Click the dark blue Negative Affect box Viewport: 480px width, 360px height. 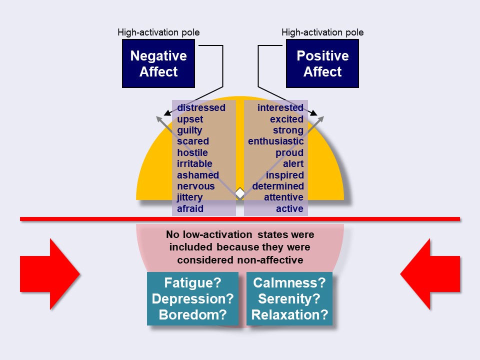(x=158, y=63)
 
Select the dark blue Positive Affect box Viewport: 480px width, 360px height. (x=322, y=63)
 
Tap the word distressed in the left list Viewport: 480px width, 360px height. (x=201, y=108)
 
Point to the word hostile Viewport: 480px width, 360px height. (x=192, y=152)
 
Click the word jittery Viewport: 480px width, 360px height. (x=189, y=197)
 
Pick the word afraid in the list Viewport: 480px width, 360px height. (x=190, y=208)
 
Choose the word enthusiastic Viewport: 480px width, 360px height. (x=276, y=141)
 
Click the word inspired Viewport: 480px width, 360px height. (x=284, y=175)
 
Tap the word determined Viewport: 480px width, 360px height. (x=278, y=186)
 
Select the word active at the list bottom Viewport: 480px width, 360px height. (x=289, y=208)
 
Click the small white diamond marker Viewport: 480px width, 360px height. (x=240, y=193)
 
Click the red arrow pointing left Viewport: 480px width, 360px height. (x=430, y=274)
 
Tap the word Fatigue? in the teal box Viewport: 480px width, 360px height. (x=192, y=282)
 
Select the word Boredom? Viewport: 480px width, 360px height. (x=192, y=314)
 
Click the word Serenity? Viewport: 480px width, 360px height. (x=289, y=298)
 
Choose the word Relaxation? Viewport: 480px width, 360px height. (x=289, y=314)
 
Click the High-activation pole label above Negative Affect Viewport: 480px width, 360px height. (x=158, y=32)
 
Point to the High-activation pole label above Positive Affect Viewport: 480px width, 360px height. (x=322, y=32)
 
